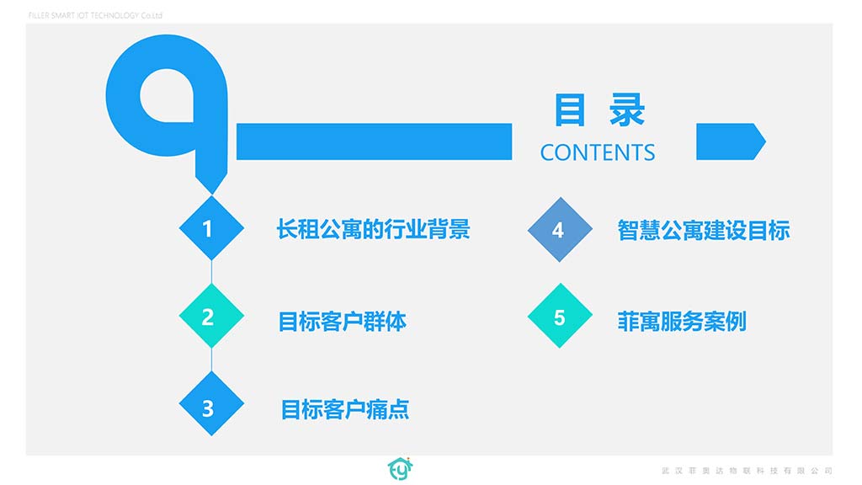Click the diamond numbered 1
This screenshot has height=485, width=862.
click(211, 227)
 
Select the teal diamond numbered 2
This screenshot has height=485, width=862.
click(211, 316)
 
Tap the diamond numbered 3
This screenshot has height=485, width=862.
click(211, 403)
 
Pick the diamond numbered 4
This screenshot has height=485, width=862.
click(560, 229)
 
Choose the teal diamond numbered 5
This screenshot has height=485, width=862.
click(560, 316)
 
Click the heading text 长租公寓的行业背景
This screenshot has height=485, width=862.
click(373, 229)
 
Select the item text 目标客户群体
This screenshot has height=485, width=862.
click(342, 322)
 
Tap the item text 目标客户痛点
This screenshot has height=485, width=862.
click(344, 409)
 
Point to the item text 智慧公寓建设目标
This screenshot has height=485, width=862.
click(704, 231)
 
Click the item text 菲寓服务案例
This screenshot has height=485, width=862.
click(682, 322)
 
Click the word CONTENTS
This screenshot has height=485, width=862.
click(598, 153)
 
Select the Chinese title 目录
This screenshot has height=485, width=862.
click(599, 110)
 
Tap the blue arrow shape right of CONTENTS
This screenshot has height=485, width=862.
click(731, 141)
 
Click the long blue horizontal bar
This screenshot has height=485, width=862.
click(374, 141)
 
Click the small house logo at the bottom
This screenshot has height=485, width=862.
click(400, 468)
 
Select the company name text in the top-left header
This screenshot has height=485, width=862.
click(95, 15)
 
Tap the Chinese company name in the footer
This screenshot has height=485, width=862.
click(748, 471)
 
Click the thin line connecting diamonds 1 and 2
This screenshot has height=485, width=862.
click(211, 272)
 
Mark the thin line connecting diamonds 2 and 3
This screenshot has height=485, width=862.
click(211, 360)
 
